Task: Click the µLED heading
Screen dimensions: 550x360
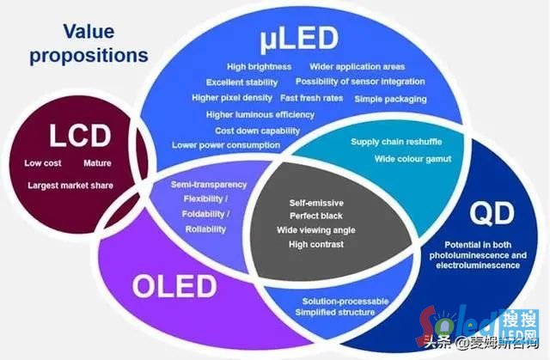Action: [300, 40]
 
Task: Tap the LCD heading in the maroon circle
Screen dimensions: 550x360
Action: [80, 136]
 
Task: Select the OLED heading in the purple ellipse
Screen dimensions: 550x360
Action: [174, 286]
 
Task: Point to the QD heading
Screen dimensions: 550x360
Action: [492, 214]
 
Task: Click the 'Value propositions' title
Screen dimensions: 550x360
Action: [89, 44]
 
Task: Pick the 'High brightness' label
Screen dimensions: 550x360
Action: [260, 67]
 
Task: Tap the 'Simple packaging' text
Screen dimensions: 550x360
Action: [390, 99]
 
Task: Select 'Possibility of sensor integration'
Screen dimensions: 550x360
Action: [360, 82]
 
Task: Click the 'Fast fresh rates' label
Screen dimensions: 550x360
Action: [311, 98]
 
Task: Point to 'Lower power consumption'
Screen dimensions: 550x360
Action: [226, 145]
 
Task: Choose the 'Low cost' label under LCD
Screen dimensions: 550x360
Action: [43, 163]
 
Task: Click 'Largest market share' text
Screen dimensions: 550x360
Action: [70, 186]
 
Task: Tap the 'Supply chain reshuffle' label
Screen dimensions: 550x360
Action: [396, 142]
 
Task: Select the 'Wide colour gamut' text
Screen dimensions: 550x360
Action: [412, 159]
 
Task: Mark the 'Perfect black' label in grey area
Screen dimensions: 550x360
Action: [316, 216]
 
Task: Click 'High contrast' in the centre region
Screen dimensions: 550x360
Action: [316, 244]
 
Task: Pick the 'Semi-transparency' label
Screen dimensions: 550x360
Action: [209, 185]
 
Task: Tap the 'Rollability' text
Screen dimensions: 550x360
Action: [205, 229]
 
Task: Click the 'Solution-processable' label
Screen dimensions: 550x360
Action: [345, 301]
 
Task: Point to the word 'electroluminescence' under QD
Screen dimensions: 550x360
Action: [478, 265]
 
